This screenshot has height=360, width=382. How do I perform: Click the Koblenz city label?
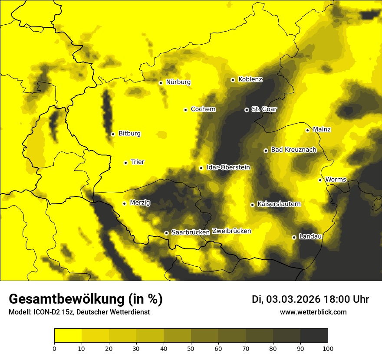pyautogui.click(x=250, y=79)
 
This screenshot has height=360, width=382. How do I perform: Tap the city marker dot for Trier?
pyautogui.click(x=126, y=163)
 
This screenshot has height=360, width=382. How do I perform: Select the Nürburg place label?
pyautogui.click(x=178, y=82)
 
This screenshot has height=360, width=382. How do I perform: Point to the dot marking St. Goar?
pyautogui.click(x=247, y=110)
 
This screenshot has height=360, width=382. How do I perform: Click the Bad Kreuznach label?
pyautogui.click(x=293, y=150)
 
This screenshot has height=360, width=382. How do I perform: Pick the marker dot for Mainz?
pyautogui.click(x=307, y=130)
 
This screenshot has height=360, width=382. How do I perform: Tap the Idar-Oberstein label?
pyautogui.click(x=228, y=167)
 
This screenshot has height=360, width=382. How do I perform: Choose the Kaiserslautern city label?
pyautogui.click(x=279, y=204)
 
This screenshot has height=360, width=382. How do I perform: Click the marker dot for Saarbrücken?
pyautogui.click(x=166, y=233)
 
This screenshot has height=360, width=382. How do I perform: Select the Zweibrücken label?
pyautogui.click(x=231, y=231)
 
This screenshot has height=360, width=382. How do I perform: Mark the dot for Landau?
pyautogui.click(x=294, y=237)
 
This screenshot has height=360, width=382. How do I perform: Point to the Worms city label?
pyautogui.click(x=336, y=179)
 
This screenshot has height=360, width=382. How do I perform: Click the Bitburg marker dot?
pyautogui.click(x=113, y=134)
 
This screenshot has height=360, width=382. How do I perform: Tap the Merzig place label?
pyautogui.click(x=140, y=203)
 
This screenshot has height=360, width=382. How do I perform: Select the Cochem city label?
pyautogui.click(x=203, y=109)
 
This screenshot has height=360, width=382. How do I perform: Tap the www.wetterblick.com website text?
pyautogui.click(x=313, y=312)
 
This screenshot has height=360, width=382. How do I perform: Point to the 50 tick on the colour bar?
pyautogui.click(x=191, y=348)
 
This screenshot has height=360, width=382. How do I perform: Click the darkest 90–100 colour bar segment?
pyautogui.click(x=314, y=335)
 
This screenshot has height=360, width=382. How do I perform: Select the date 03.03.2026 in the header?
pyautogui.click(x=293, y=299)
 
